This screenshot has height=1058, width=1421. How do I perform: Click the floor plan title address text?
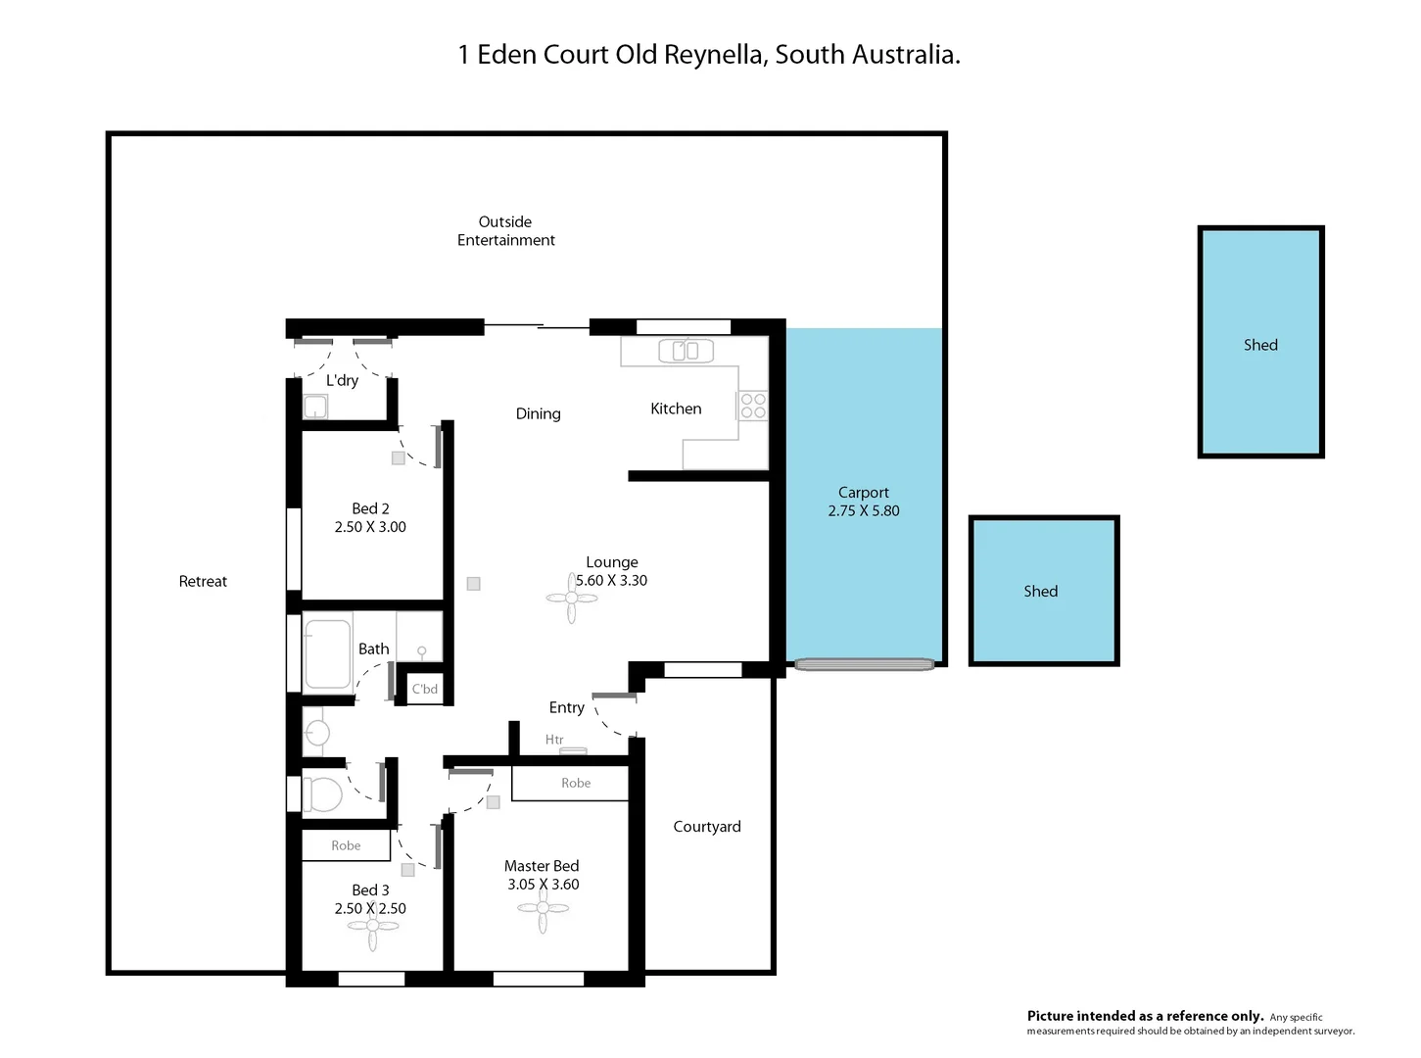click(709, 55)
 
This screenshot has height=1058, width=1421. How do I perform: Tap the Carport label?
click(863, 493)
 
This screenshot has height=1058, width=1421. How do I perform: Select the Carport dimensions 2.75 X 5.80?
click(863, 511)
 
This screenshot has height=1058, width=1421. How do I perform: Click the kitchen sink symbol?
click(686, 350)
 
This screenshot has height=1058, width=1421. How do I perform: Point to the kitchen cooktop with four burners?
click(753, 406)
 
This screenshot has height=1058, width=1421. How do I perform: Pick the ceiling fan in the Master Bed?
click(542, 909)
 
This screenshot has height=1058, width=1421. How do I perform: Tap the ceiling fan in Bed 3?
click(372, 926)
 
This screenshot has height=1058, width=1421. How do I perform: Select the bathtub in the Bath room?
click(327, 653)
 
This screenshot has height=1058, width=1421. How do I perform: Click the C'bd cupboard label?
click(425, 689)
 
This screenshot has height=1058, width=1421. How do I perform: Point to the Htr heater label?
click(554, 740)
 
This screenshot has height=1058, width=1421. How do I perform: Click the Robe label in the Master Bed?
click(576, 783)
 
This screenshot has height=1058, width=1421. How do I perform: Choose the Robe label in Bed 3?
click(346, 845)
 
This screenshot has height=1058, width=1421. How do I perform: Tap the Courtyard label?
click(706, 827)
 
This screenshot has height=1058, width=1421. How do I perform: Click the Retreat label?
click(203, 582)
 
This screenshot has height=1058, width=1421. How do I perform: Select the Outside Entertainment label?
click(505, 231)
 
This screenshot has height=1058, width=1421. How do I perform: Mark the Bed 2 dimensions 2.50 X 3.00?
click(370, 527)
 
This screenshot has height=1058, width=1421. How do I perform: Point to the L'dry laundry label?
click(342, 380)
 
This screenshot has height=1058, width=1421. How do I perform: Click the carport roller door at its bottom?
click(864, 664)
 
